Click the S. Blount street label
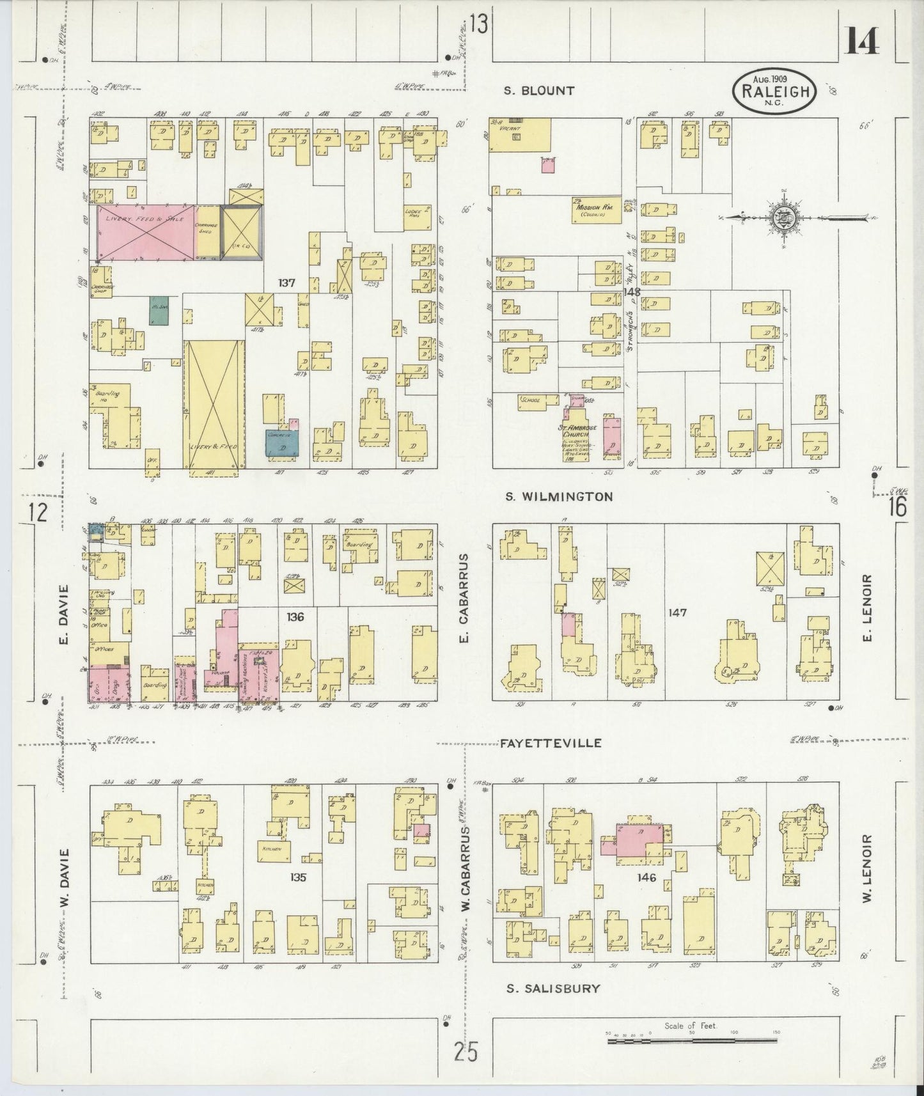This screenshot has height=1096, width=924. click(539, 91)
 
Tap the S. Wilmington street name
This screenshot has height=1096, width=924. click(559, 496)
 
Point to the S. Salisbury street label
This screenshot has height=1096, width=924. click(553, 988)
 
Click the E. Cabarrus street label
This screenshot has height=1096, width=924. click(465, 598)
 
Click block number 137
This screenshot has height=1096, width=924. click(286, 282)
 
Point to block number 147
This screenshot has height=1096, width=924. click(677, 613)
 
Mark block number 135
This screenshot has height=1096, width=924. click(298, 877)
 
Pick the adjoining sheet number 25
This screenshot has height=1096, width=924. click(466, 1051)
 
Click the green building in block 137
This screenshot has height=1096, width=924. click(159, 310)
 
